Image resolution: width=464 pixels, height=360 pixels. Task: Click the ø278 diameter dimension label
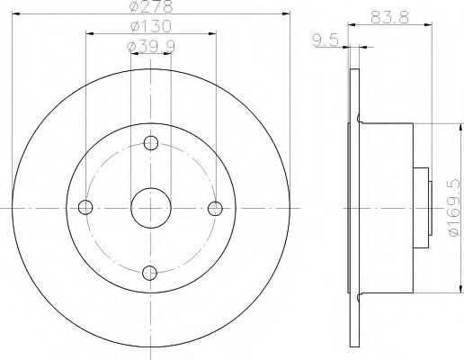coord(150,9)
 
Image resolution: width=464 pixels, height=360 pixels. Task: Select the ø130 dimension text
coord(150,27)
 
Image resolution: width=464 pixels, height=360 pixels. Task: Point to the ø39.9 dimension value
coord(150,46)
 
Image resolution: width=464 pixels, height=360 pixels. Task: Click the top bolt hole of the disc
coord(150,142)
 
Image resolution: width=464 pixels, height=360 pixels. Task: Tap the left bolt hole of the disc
coord(86,207)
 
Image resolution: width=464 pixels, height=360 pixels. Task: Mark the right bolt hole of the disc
coord(215,207)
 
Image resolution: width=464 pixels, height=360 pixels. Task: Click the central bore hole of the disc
coord(150,207)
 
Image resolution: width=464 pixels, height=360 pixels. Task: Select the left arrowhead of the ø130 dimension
coord(90,35)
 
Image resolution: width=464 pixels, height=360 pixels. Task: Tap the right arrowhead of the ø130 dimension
coord(211,35)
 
